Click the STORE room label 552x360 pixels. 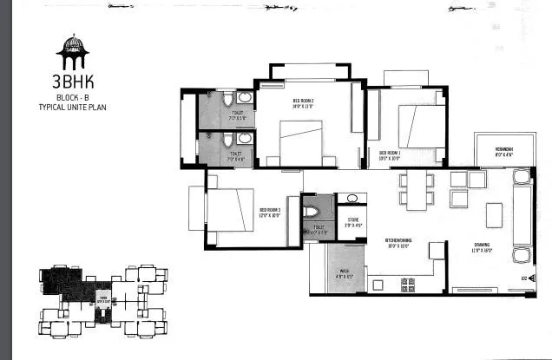pyautogui.click(x=353, y=224)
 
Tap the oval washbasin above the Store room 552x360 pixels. pyautogui.click(x=351, y=199)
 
